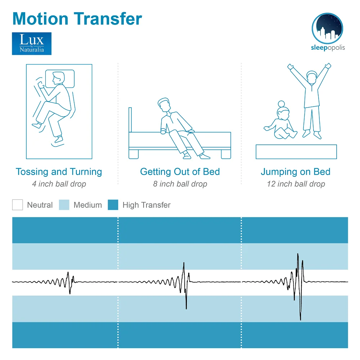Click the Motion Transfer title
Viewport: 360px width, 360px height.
coord(77,18)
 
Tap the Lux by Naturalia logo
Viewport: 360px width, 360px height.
coord(32,44)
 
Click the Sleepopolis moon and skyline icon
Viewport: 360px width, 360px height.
coord(327,28)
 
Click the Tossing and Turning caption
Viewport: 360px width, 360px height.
coord(59,172)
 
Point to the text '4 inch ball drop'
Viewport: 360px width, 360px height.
coord(59,184)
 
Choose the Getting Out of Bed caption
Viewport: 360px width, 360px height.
coord(180,172)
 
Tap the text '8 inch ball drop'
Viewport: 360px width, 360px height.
coord(180,184)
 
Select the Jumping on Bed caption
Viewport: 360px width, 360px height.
coord(295,172)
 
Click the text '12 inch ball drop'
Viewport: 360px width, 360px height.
coord(296,184)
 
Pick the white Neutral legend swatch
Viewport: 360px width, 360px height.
coord(17,205)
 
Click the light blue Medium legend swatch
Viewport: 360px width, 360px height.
coord(64,205)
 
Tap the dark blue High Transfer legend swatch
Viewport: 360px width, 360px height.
coord(113,205)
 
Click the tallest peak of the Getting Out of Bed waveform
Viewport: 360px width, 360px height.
coord(184,263)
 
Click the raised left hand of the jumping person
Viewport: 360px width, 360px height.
coord(290,67)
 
